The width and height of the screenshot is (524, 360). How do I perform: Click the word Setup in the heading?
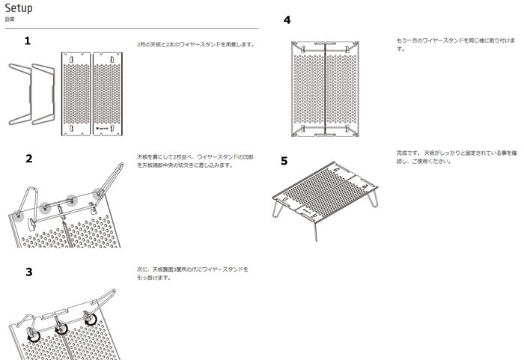click(19, 8)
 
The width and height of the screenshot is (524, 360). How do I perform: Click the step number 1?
click(28, 40)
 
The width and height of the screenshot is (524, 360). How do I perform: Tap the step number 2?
click(29, 159)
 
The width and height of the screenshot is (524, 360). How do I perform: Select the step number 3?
click(29, 272)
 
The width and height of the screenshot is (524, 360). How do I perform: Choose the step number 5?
click(284, 160)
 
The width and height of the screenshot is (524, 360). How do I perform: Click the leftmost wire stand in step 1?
click(19, 94)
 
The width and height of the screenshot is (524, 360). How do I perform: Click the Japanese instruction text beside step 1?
click(195, 44)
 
